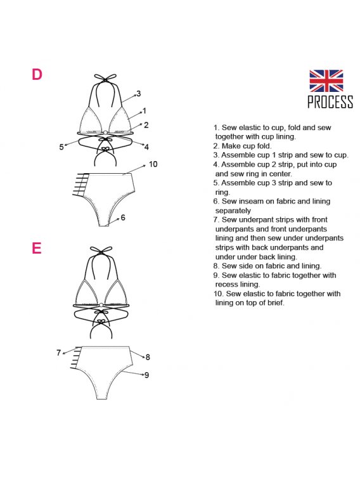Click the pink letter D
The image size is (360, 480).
(37, 74)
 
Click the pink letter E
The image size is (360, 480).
(37, 248)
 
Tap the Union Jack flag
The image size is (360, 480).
(326, 81)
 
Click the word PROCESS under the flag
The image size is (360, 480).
(330, 102)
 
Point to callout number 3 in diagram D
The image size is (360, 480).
(139, 94)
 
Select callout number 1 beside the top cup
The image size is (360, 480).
(145, 111)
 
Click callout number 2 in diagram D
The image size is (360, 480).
(146, 125)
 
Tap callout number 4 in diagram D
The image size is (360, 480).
(146, 147)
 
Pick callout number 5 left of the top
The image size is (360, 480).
(61, 147)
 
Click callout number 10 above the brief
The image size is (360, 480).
(153, 164)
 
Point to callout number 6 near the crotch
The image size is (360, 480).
(123, 217)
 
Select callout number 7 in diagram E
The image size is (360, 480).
(58, 353)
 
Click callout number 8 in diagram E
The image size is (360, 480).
(148, 357)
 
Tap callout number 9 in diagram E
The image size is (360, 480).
(147, 375)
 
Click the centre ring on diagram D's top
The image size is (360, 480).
(105, 133)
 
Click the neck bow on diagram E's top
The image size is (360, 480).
(101, 250)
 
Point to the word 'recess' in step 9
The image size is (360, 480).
(225, 285)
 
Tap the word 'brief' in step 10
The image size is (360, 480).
(278, 303)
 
